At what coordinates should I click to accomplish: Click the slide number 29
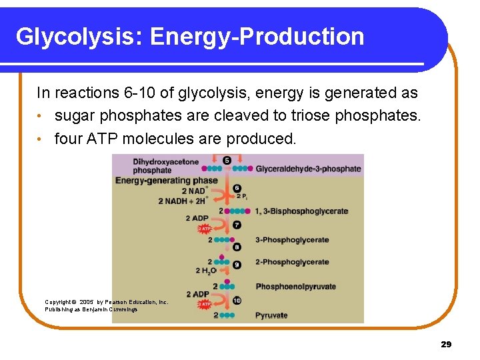(x=446, y=344)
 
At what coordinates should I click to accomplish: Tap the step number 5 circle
(x=227, y=161)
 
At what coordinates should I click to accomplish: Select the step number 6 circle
(x=237, y=189)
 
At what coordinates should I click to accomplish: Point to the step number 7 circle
(x=237, y=225)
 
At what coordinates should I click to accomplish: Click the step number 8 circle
(x=237, y=247)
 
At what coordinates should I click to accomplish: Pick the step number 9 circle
(x=237, y=265)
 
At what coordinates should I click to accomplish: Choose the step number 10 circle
(x=237, y=300)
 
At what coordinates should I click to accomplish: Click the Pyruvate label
(x=271, y=315)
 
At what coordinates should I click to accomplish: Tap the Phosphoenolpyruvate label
(x=295, y=287)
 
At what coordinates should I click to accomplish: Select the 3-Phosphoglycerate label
(x=292, y=240)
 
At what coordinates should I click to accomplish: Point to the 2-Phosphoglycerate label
(x=292, y=262)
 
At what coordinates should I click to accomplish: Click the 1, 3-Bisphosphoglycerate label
(x=301, y=211)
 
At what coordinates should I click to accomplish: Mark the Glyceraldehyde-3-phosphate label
(x=308, y=169)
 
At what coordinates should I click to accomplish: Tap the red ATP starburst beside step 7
(x=205, y=229)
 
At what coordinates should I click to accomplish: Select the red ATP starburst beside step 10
(x=205, y=304)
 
